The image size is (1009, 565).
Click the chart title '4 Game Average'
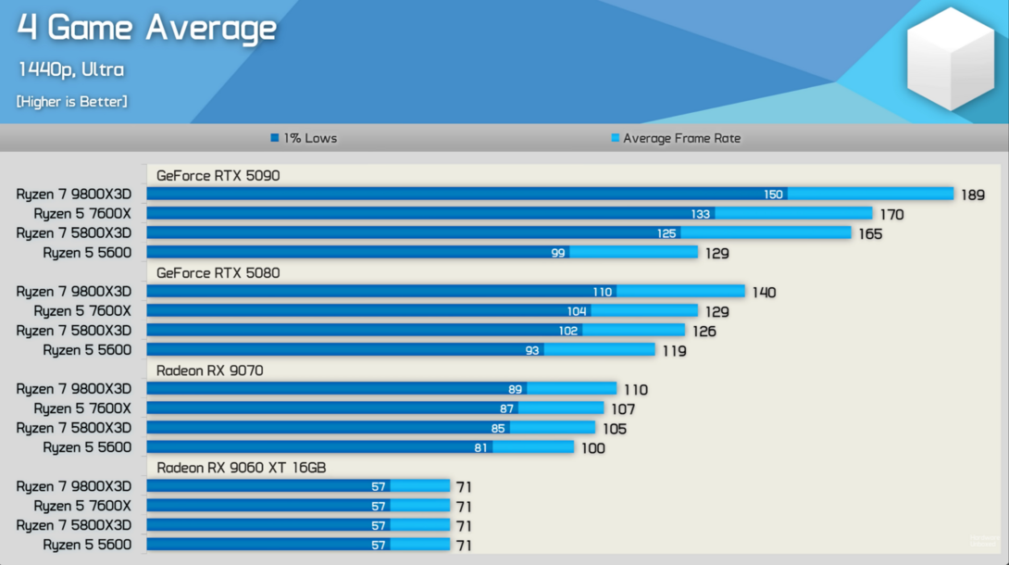click(146, 29)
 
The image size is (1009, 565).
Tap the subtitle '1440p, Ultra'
click(70, 69)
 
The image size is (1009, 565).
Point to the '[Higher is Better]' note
click(72, 101)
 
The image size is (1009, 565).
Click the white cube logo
click(950, 59)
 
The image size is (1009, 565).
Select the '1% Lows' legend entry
click(305, 138)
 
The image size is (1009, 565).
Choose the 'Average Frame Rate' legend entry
click(676, 138)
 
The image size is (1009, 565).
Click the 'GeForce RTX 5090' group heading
click(218, 175)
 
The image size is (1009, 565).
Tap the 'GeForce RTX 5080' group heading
click(218, 273)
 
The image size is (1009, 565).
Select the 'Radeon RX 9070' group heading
click(209, 370)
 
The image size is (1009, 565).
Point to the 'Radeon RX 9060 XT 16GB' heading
click(241, 468)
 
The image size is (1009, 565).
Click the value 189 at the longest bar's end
click(972, 195)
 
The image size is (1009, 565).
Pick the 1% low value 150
click(773, 195)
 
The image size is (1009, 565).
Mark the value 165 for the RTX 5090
click(870, 234)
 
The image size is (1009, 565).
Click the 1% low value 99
click(557, 253)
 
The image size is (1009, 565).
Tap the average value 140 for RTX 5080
click(764, 293)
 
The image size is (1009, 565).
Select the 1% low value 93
click(532, 350)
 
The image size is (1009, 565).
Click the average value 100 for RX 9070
click(592, 448)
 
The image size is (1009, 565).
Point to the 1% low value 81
click(481, 447)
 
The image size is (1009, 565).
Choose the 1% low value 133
click(701, 214)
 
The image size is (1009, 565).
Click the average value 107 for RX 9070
click(622, 409)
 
